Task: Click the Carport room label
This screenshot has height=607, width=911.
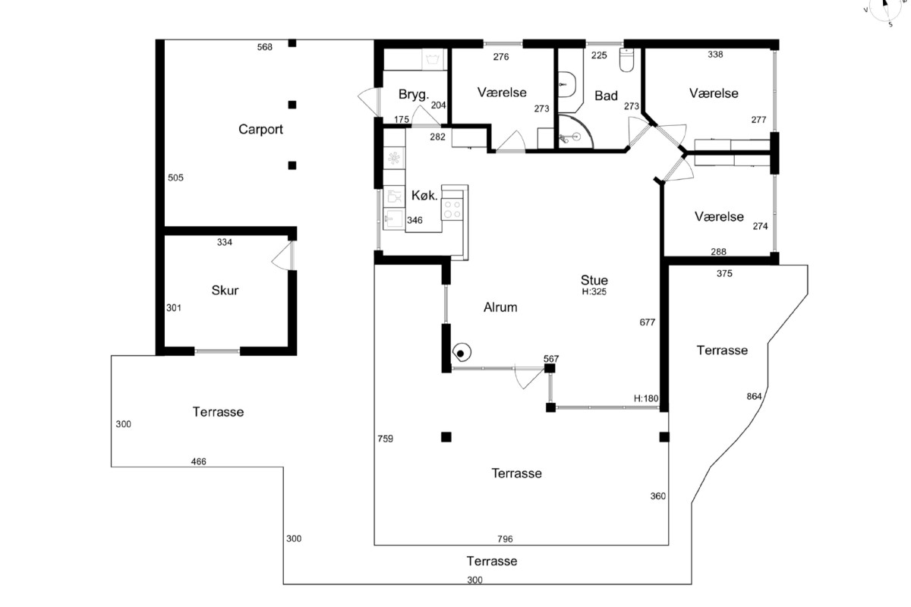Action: tap(260, 129)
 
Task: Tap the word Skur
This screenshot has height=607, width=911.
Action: tap(225, 291)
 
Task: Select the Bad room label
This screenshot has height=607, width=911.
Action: tap(606, 96)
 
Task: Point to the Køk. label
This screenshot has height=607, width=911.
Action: tap(424, 196)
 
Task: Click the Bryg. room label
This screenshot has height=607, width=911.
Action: tap(414, 95)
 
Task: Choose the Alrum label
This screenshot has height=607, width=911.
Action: tap(500, 307)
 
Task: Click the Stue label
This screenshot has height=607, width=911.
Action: tap(594, 280)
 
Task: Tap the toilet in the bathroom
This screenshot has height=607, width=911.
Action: tap(627, 60)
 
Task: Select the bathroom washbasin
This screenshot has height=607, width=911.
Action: tap(567, 85)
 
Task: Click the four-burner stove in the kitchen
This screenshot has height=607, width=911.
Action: tap(452, 209)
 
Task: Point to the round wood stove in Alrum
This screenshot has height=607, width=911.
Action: tap(462, 353)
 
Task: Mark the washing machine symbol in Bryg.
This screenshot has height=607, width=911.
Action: tap(433, 60)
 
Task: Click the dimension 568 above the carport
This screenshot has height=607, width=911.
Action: tap(264, 47)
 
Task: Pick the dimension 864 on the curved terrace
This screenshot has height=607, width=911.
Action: tap(754, 396)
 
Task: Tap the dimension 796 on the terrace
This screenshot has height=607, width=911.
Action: tap(505, 539)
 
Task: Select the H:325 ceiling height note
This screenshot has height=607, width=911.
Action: tap(594, 291)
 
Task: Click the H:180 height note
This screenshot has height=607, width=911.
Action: tap(646, 398)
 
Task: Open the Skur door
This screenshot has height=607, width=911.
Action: tap(283, 256)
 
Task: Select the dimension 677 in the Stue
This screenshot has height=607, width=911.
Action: tap(648, 322)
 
